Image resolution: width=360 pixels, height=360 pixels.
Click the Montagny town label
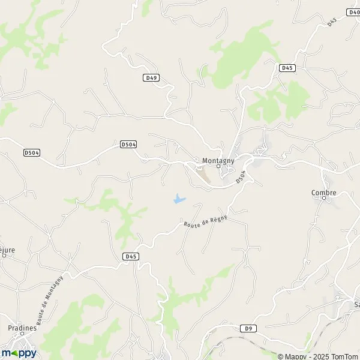[x=218, y=161]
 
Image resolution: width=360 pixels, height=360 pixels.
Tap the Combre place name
[x=323, y=193]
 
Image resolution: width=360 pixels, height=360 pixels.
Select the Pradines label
[x=23, y=328]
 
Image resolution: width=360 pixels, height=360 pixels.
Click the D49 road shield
[x=151, y=78]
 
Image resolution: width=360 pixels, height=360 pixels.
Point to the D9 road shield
[x=248, y=328]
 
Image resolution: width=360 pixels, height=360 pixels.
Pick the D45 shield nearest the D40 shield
[x=287, y=68]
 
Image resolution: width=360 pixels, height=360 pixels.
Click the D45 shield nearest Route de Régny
[x=131, y=256]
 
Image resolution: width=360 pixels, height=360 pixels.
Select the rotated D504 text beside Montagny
[x=241, y=178]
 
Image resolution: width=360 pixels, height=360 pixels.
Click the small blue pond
[x=179, y=199]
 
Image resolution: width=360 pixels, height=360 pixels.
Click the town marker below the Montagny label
[x=218, y=167]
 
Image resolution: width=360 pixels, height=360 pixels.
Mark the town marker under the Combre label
[x=323, y=199]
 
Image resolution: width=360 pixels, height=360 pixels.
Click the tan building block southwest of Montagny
[x=205, y=175]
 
